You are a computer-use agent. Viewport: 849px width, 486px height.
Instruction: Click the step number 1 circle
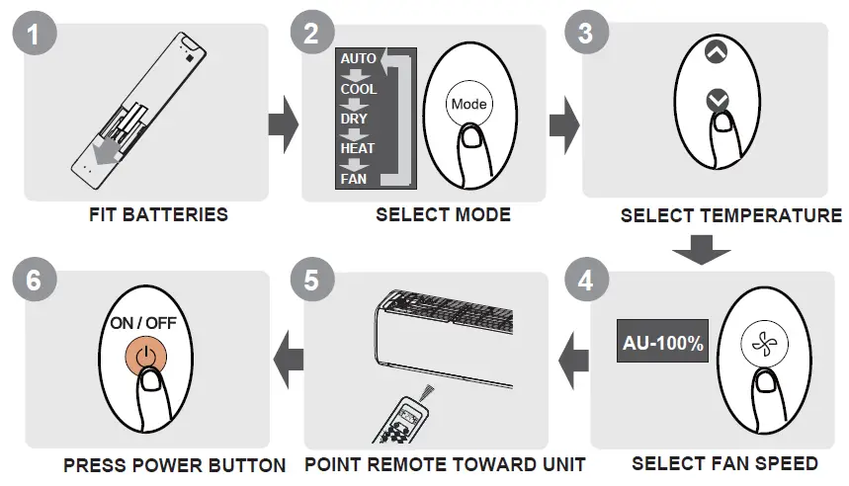click(x=35, y=36)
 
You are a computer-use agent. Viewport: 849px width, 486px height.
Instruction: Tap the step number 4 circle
click(x=585, y=280)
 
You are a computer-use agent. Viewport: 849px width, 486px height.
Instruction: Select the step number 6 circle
click(x=35, y=280)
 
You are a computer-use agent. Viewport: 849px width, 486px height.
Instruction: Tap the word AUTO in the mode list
click(x=358, y=58)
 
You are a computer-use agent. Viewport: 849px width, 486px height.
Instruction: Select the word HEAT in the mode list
click(x=358, y=148)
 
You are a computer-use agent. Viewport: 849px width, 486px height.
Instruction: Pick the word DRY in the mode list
click(x=354, y=119)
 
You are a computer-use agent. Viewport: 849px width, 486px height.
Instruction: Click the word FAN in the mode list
click(x=353, y=179)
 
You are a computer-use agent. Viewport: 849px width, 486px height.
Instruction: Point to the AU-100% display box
click(x=663, y=343)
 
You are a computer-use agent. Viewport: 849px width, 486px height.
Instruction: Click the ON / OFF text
click(x=145, y=323)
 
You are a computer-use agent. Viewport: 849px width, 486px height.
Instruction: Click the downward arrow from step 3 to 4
click(x=703, y=251)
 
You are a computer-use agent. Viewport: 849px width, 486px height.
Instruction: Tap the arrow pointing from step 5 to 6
click(x=287, y=355)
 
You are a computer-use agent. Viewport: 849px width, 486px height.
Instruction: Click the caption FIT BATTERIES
click(x=146, y=214)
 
